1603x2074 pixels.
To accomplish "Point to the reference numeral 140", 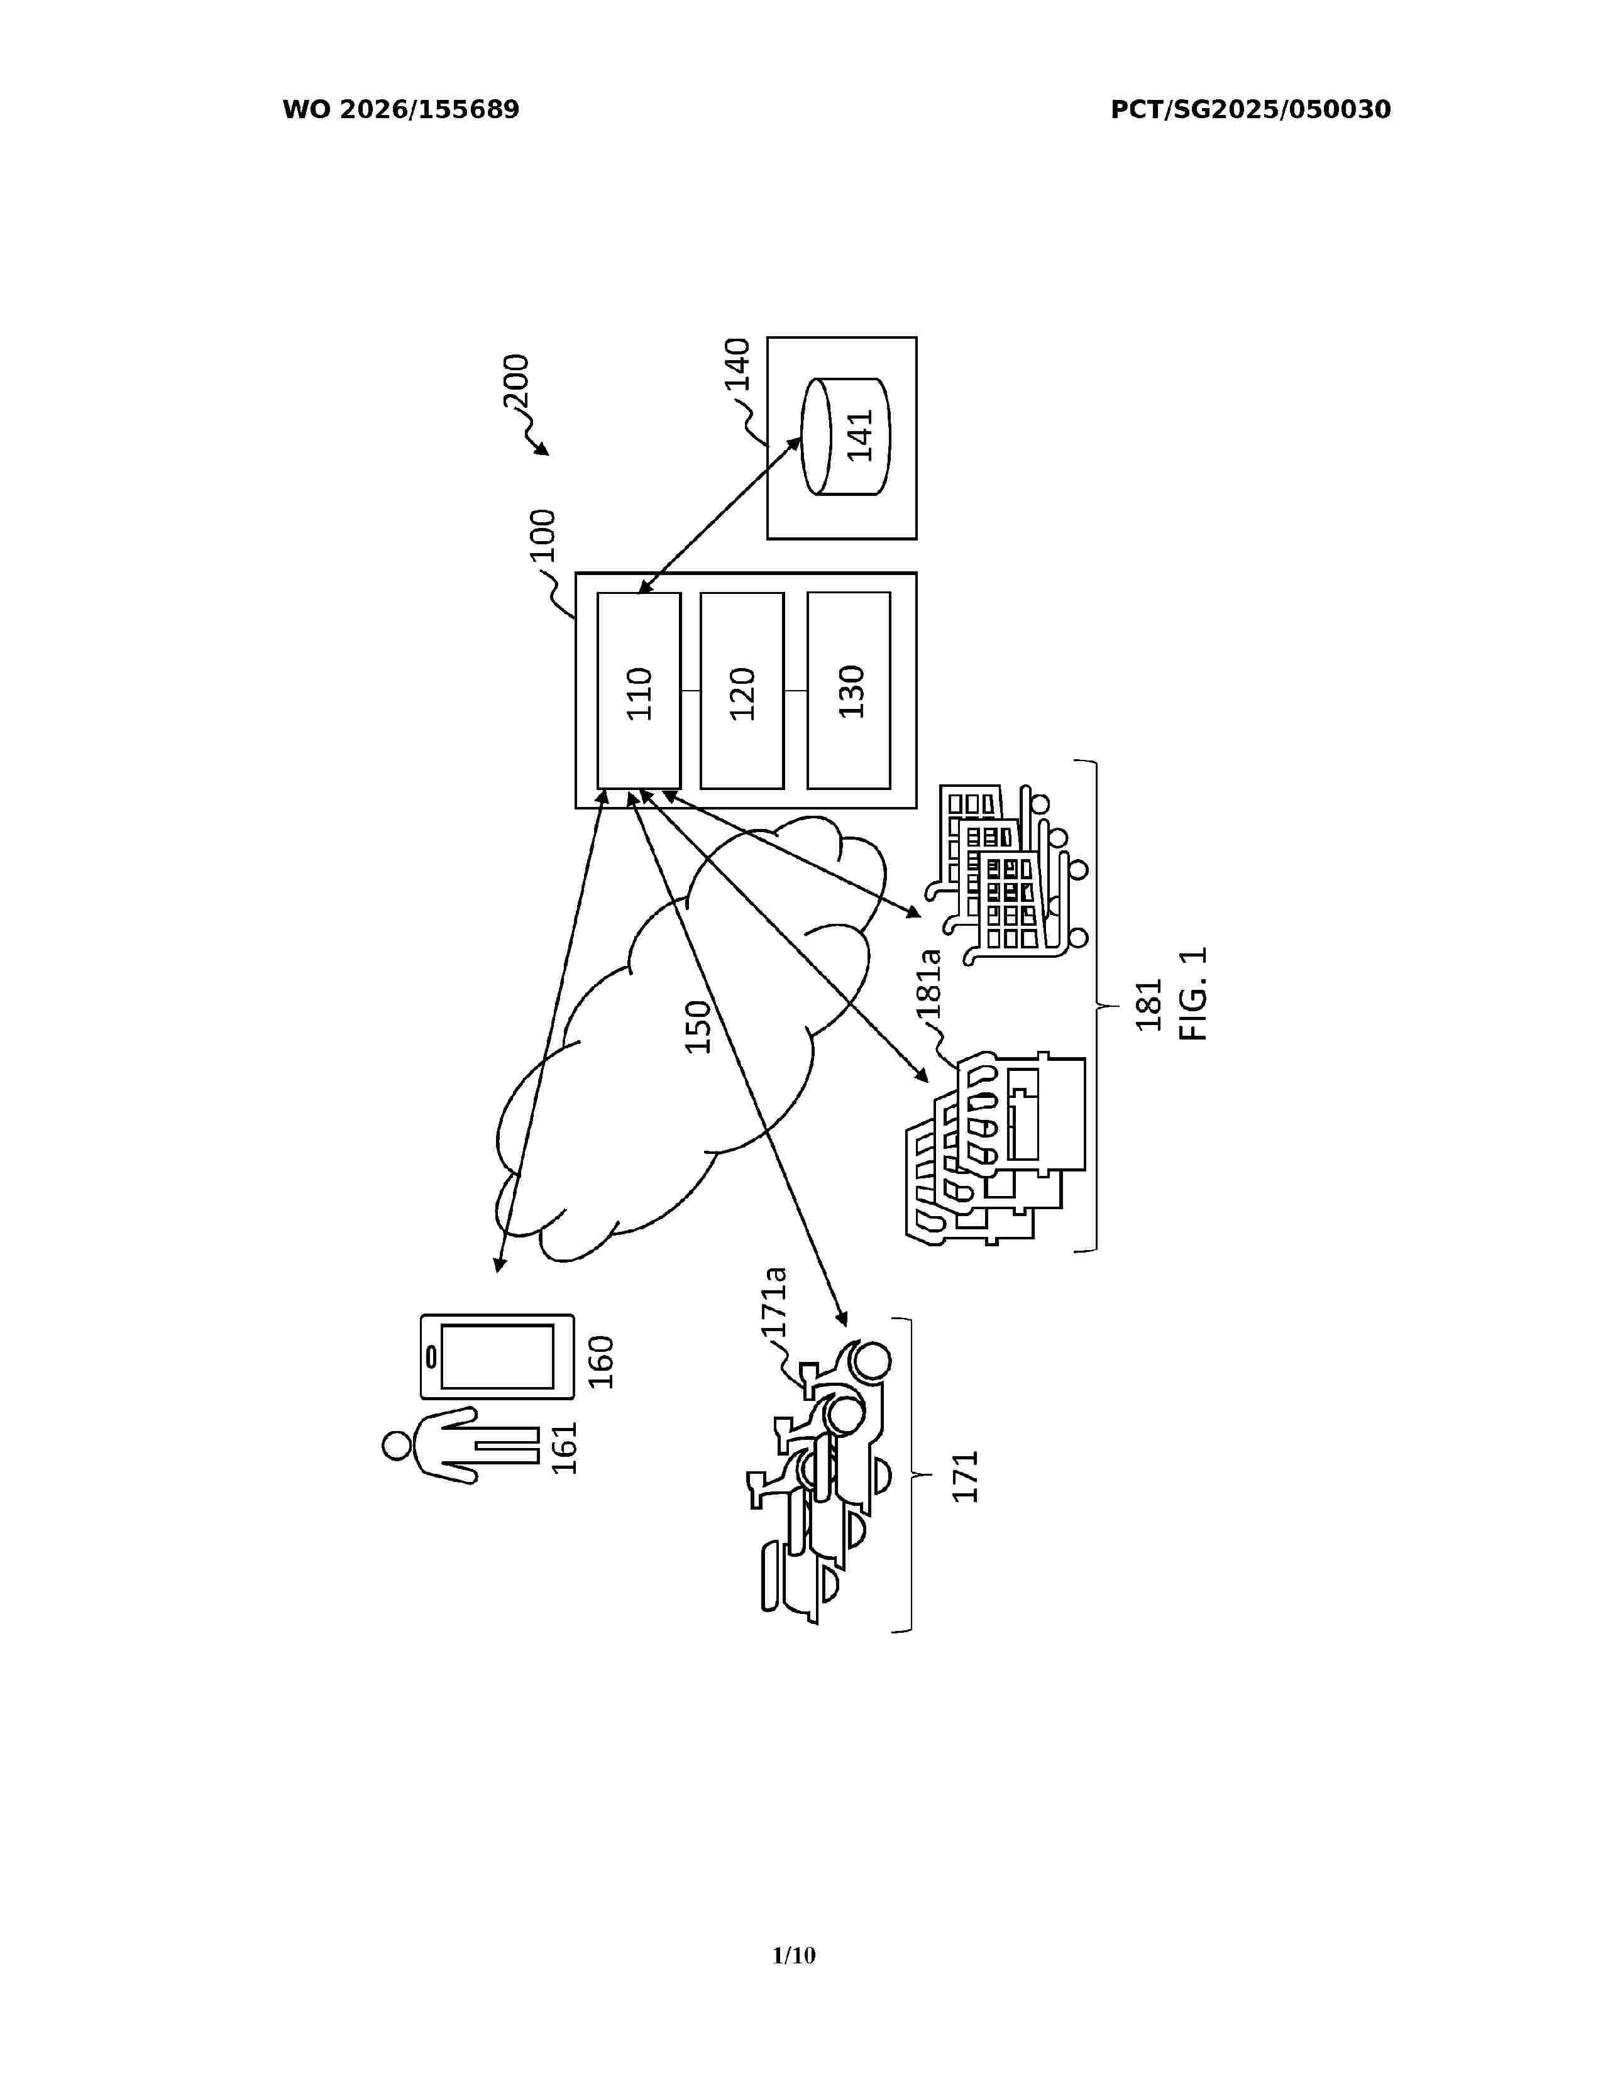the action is [x=738, y=365].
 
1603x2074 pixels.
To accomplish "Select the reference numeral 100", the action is [x=543, y=537].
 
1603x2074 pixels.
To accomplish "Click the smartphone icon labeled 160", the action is [x=497, y=1356].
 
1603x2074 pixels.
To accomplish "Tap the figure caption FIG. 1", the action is [x=1193, y=993].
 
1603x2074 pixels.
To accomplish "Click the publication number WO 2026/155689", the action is [x=401, y=110].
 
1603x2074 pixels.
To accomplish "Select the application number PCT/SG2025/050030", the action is [x=1251, y=110].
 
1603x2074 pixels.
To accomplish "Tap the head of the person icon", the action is [x=397, y=1446].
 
